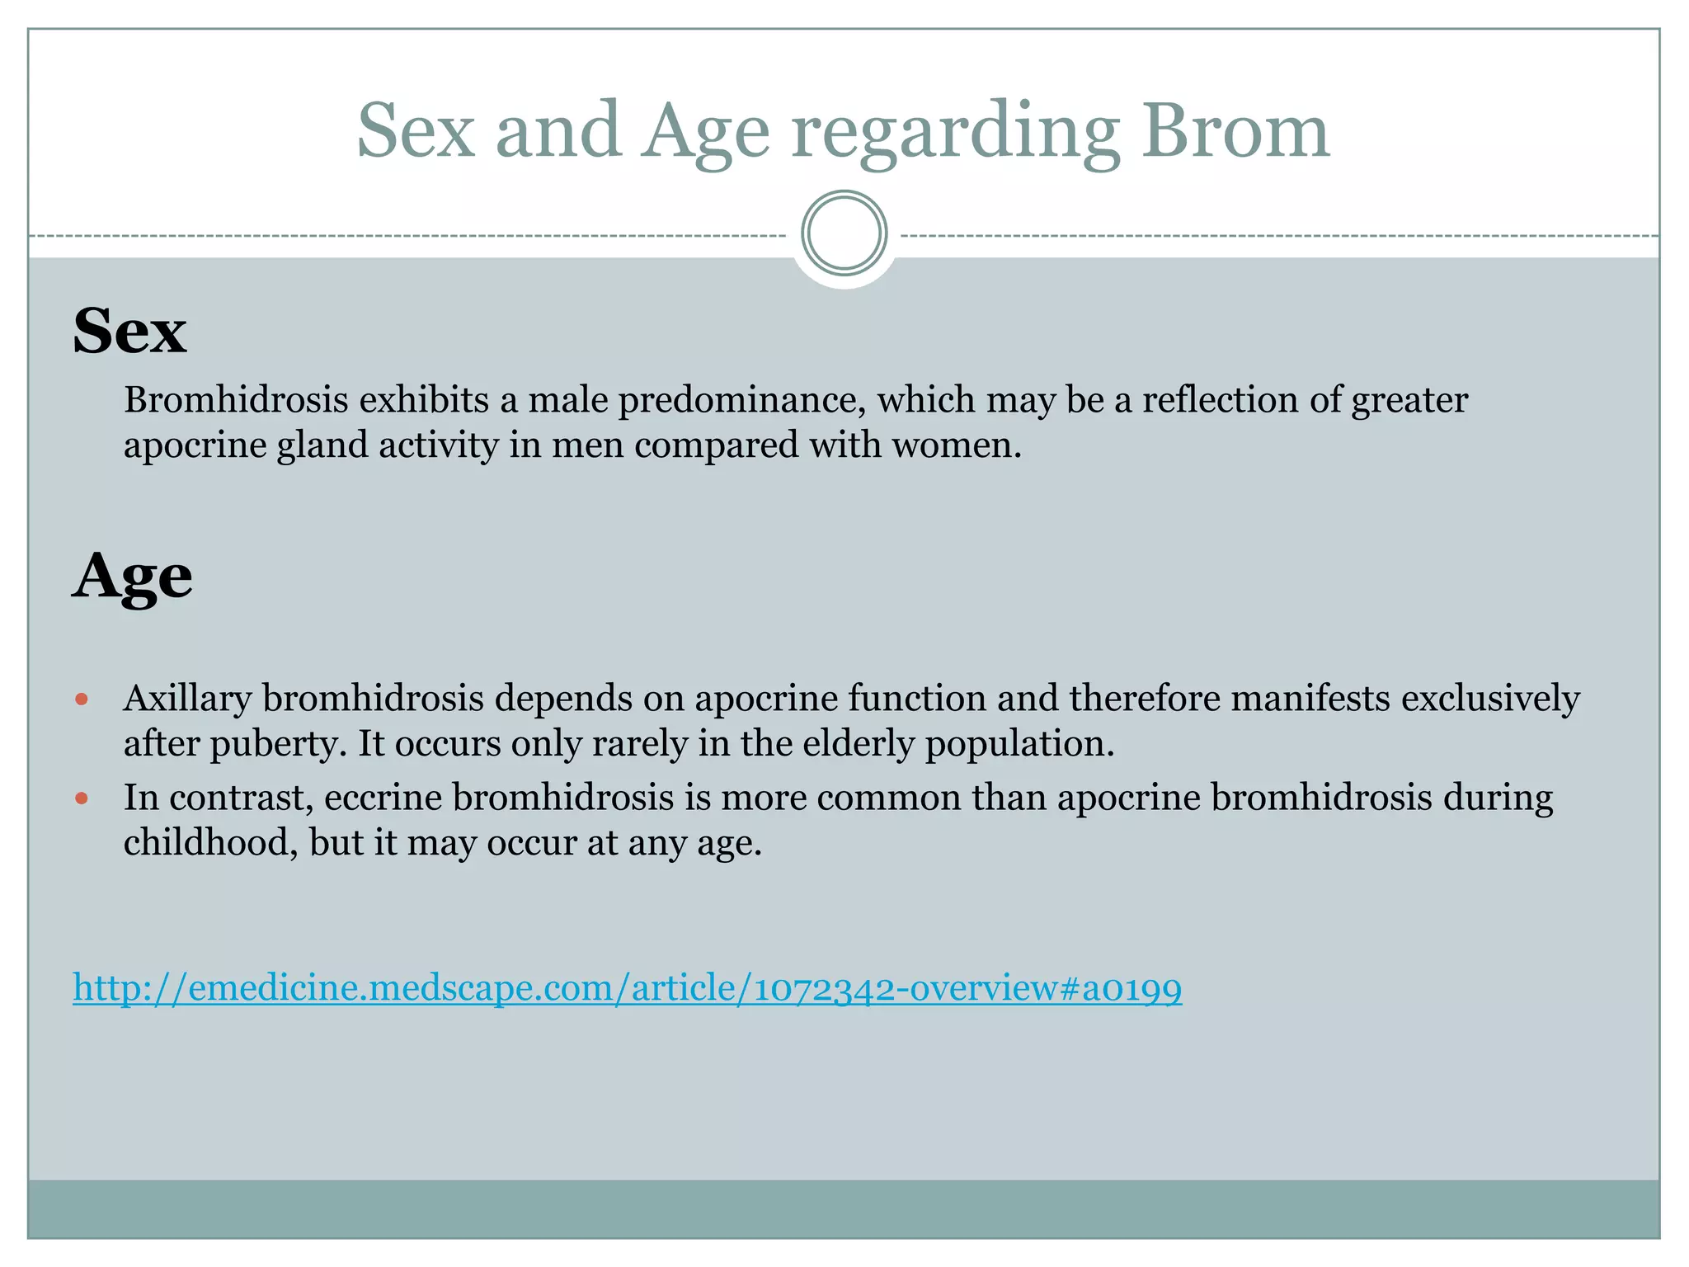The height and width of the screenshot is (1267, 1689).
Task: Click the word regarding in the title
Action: pos(955,132)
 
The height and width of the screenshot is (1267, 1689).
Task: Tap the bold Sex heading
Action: pos(129,331)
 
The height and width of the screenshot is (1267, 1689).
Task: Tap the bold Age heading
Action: pos(132,577)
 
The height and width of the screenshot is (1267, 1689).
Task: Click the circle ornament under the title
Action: pos(844,233)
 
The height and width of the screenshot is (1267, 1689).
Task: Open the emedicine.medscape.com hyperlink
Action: pos(627,987)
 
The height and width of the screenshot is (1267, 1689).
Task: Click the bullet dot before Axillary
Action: pos(81,699)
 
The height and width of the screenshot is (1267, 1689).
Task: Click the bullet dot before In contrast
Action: pos(81,798)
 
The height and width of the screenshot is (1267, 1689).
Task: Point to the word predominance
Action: pos(742,402)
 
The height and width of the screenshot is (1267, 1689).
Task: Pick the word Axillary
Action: pos(187,699)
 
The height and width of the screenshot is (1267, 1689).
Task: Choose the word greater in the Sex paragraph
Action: pos(1409,402)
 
